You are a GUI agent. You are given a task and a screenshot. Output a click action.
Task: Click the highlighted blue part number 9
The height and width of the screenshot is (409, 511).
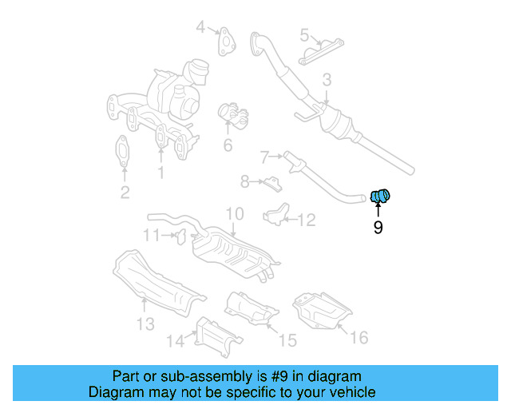point(381,195)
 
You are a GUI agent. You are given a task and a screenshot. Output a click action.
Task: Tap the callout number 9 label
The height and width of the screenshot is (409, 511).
point(378,228)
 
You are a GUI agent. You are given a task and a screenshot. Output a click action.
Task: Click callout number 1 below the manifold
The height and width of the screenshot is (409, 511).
point(160,172)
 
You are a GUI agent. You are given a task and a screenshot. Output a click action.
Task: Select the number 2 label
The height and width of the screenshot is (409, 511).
point(125,192)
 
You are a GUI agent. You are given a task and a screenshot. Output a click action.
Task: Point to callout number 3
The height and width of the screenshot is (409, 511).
point(327,80)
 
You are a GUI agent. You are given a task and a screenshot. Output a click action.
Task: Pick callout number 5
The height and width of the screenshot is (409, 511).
point(304,35)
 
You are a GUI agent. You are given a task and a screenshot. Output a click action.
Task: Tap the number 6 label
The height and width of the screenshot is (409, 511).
point(228,145)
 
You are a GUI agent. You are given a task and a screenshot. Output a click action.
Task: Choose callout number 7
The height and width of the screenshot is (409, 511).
point(264,157)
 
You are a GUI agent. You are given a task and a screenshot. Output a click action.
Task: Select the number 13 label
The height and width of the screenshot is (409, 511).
point(145,324)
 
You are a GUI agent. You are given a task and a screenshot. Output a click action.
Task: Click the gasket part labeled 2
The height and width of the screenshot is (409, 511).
point(122,152)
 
